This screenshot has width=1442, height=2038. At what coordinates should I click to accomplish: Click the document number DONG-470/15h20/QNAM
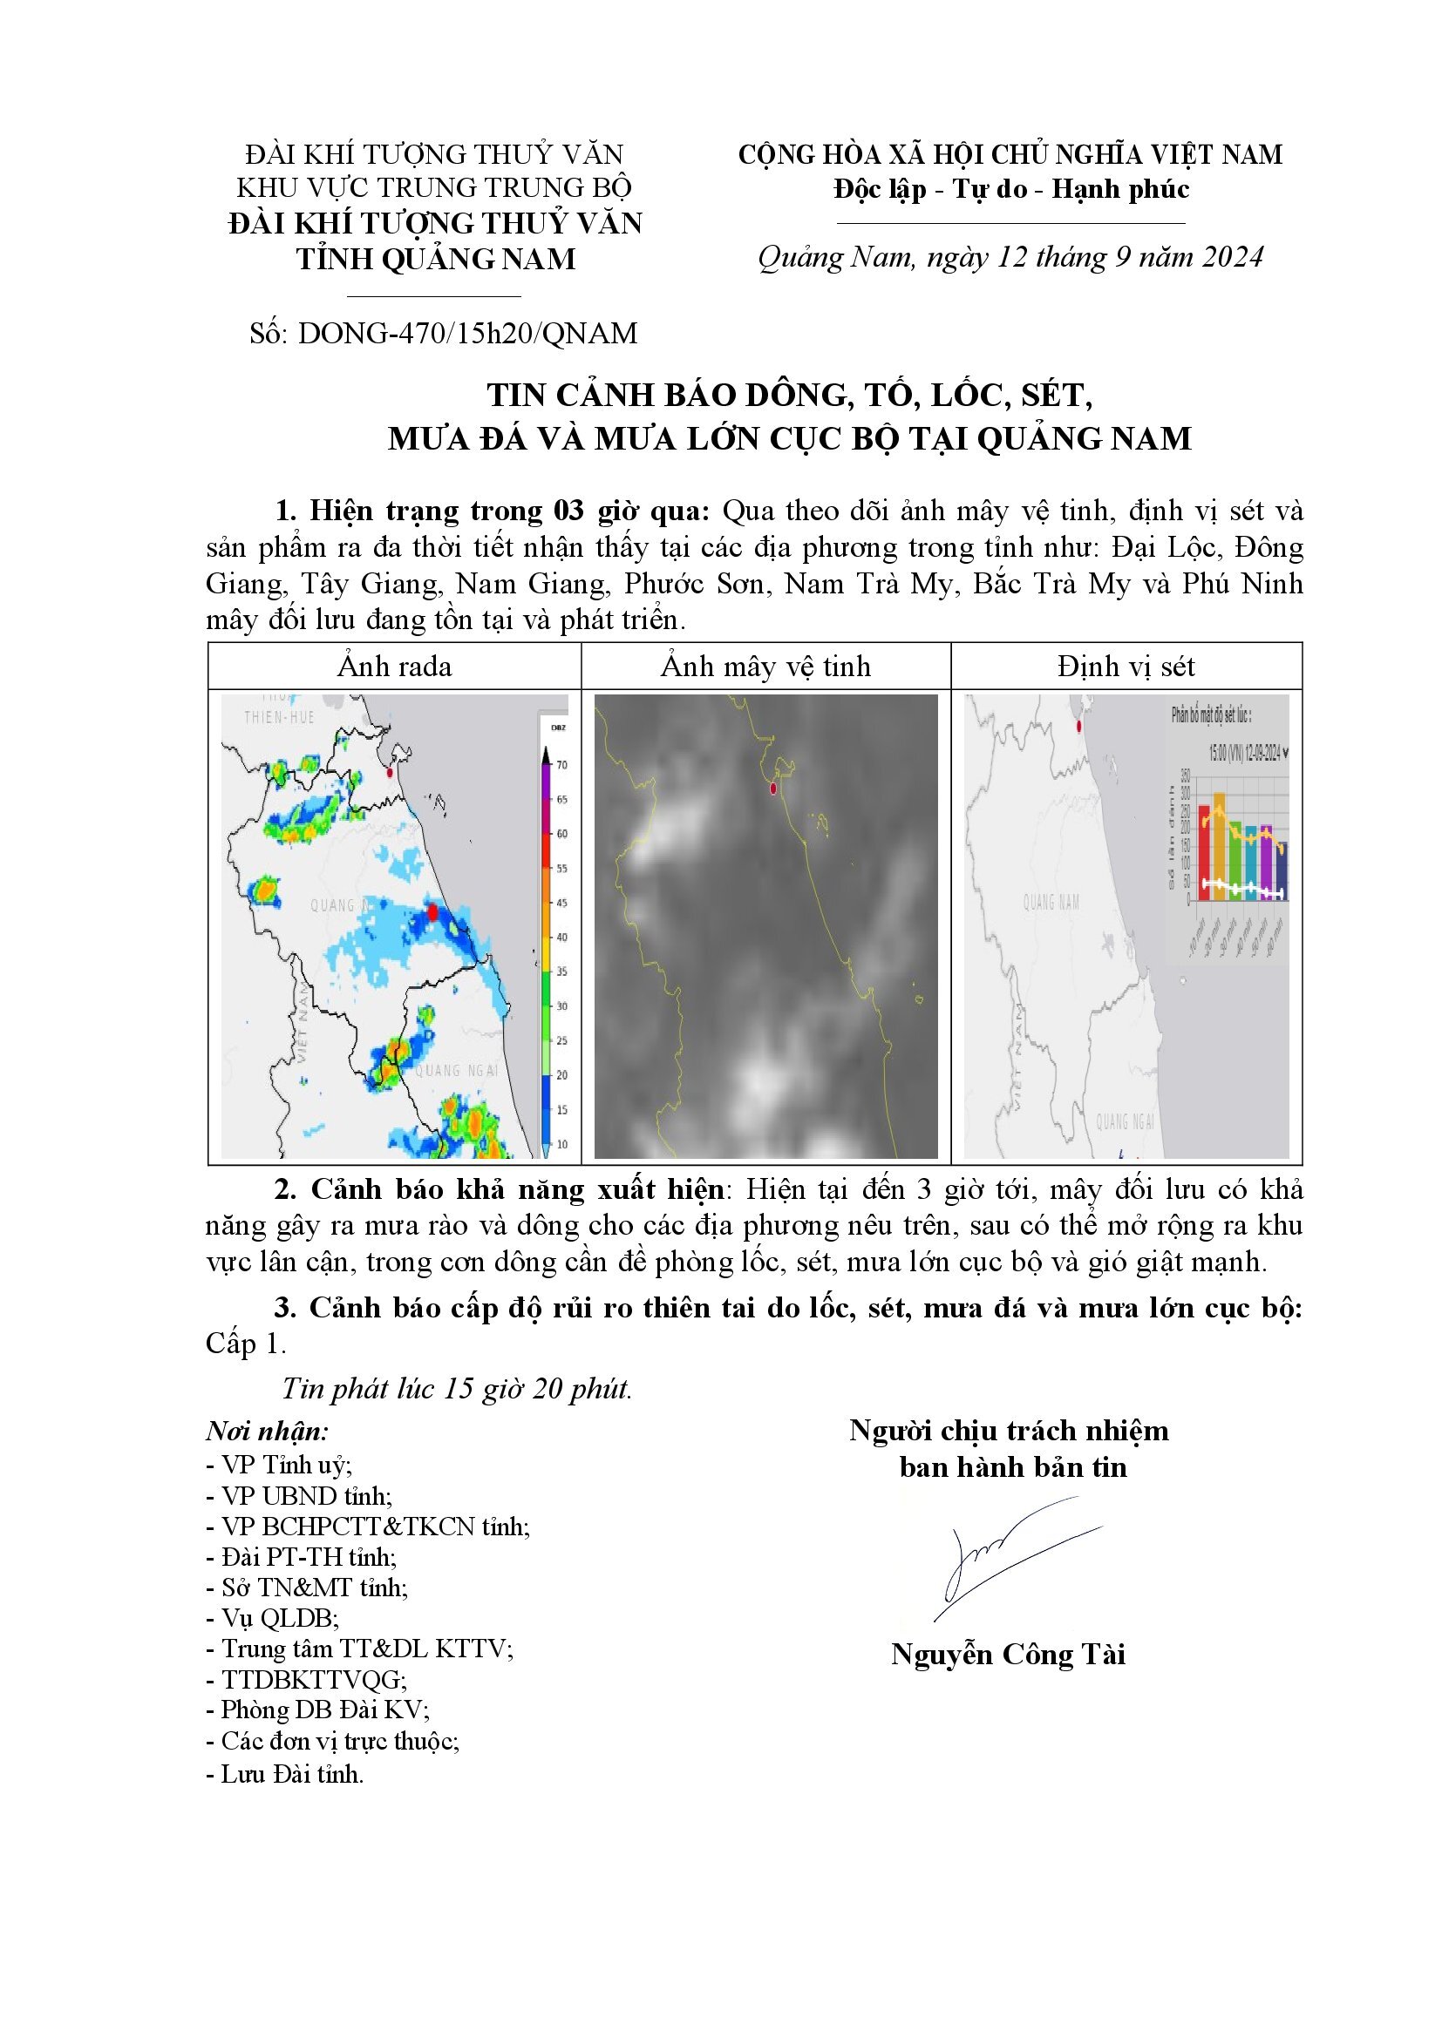pyautogui.click(x=468, y=334)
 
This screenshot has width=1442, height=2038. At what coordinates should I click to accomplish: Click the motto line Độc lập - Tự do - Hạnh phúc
pyautogui.click(x=1011, y=189)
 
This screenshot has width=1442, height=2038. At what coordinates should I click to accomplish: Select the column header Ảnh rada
pyautogui.click(x=394, y=667)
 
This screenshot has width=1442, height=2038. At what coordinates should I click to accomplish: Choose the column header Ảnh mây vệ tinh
pyautogui.click(x=765, y=667)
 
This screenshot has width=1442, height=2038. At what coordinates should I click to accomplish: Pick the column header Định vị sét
pyautogui.click(x=1126, y=667)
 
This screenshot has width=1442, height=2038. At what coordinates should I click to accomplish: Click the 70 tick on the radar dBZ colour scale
pyautogui.click(x=561, y=764)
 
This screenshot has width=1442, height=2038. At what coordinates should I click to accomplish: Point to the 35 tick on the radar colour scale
pyautogui.click(x=561, y=972)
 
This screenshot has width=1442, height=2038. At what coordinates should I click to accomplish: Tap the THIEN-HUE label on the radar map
pyautogui.click(x=280, y=717)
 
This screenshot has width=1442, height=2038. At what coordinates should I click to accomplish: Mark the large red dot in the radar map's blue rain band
pyautogui.click(x=432, y=912)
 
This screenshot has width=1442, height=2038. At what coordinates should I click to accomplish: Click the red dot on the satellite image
pyautogui.click(x=773, y=788)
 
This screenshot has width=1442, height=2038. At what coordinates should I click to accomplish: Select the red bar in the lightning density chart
pyautogui.click(x=1204, y=852)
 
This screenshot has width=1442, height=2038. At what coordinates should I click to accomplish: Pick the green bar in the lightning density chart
pyautogui.click(x=1235, y=861)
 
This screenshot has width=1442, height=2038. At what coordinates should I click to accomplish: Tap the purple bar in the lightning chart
pyautogui.click(x=1265, y=863)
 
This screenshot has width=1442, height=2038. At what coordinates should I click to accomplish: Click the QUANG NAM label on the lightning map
pyautogui.click(x=1051, y=903)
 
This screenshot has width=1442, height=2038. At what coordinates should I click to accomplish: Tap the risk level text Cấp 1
pyautogui.click(x=245, y=1344)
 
